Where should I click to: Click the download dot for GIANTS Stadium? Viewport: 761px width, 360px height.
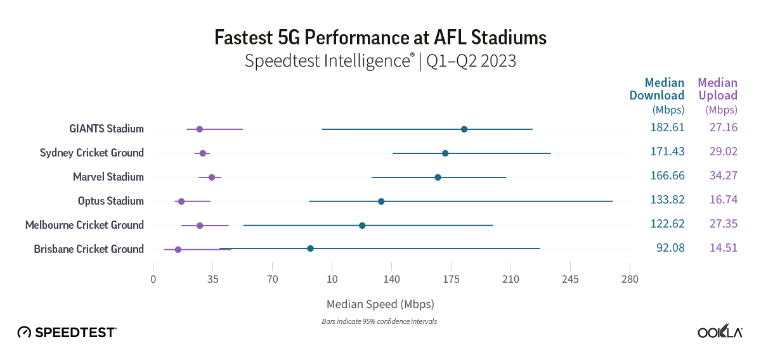coord(464,129)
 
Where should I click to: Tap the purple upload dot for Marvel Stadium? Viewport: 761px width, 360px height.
coord(212,177)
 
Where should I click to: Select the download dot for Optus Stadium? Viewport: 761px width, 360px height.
coord(381,202)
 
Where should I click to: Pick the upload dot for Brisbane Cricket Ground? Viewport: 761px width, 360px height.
coord(178,250)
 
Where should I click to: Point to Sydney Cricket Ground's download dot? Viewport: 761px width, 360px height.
coord(445,153)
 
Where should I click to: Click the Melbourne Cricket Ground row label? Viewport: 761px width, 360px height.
coord(84,225)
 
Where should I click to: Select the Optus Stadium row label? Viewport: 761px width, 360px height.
coord(110,201)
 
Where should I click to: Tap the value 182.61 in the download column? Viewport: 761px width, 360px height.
coord(667,127)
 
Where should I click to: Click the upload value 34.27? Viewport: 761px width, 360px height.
coord(723,176)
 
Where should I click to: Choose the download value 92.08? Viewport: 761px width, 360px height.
coord(670,248)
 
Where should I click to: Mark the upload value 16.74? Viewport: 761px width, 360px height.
coord(723,200)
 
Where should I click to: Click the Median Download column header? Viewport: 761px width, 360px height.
coord(657,89)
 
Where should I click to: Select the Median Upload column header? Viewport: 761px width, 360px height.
coord(717,89)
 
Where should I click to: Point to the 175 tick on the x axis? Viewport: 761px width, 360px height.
coord(451,279)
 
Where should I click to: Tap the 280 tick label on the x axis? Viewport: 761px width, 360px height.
coord(630,279)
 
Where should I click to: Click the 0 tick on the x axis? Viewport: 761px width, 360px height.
coord(153,279)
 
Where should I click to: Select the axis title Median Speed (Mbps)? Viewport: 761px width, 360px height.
coord(380,304)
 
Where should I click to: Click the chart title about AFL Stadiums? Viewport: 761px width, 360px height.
coord(380,37)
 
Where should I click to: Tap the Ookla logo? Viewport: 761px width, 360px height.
coord(720,332)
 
